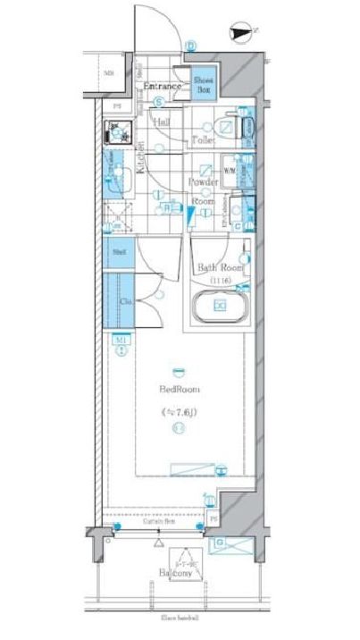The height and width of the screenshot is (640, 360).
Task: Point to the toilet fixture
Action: (x=243, y=127)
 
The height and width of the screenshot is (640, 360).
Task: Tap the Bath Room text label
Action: (x=220, y=267)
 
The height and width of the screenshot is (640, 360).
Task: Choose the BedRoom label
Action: (x=180, y=390)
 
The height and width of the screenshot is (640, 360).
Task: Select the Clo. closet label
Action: (x=127, y=302)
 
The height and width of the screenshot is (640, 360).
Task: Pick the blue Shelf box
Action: (x=119, y=253)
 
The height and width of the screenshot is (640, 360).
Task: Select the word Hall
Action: (x=163, y=122)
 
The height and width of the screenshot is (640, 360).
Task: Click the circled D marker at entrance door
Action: (x=191, y=46)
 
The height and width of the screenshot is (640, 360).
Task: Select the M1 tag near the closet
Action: (x=118, y=341)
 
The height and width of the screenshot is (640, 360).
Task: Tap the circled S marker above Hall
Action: (x=157, y=101)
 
